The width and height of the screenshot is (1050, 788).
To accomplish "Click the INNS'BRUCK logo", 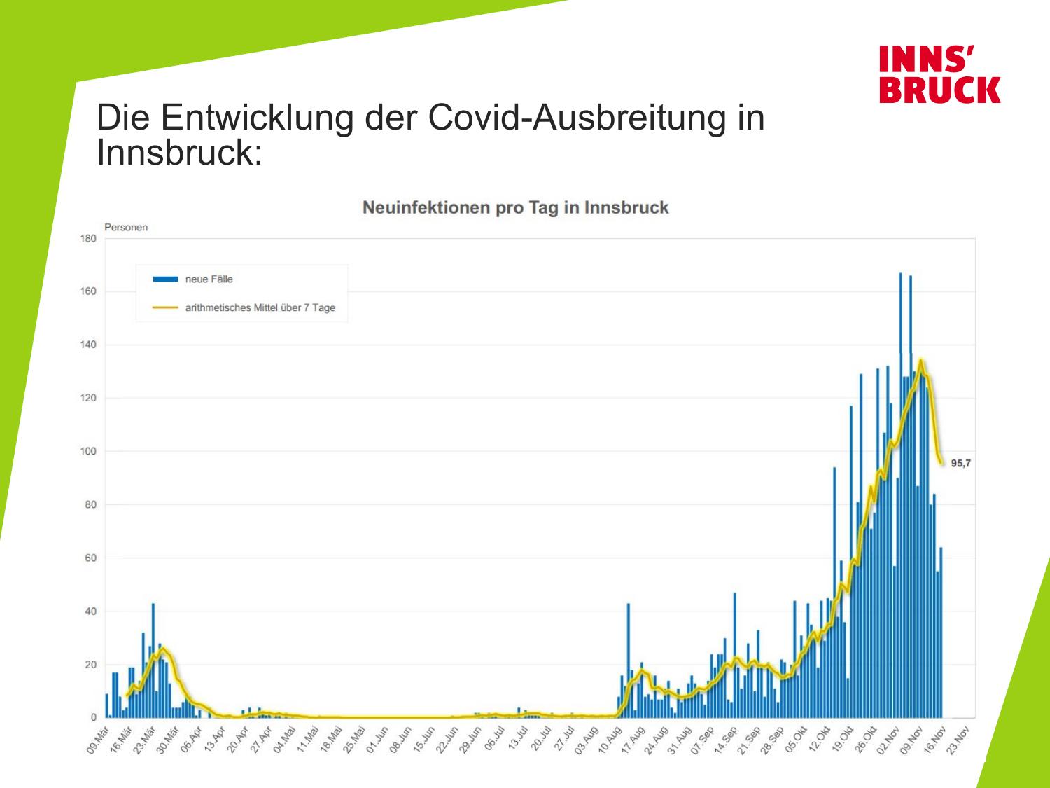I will click(939, 75).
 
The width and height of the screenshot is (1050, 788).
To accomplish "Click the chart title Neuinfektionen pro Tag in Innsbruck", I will click(516, 208).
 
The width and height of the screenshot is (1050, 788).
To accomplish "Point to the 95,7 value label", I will click(960, 463).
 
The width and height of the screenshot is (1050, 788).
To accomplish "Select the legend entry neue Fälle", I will click(209, 279).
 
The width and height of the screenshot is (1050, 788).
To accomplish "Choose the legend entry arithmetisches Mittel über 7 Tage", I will click(260, 307).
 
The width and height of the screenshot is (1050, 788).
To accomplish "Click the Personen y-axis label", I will click(126, 227).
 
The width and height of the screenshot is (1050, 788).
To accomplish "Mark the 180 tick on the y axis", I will click(88, 238).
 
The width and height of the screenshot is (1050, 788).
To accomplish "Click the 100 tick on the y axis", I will click(88, 451).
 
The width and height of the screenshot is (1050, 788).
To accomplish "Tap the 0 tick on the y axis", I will click(93, 718).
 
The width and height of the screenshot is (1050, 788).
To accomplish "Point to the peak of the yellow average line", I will click(920, 361).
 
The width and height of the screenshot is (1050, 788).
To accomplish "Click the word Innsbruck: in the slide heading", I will click(179, 153).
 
